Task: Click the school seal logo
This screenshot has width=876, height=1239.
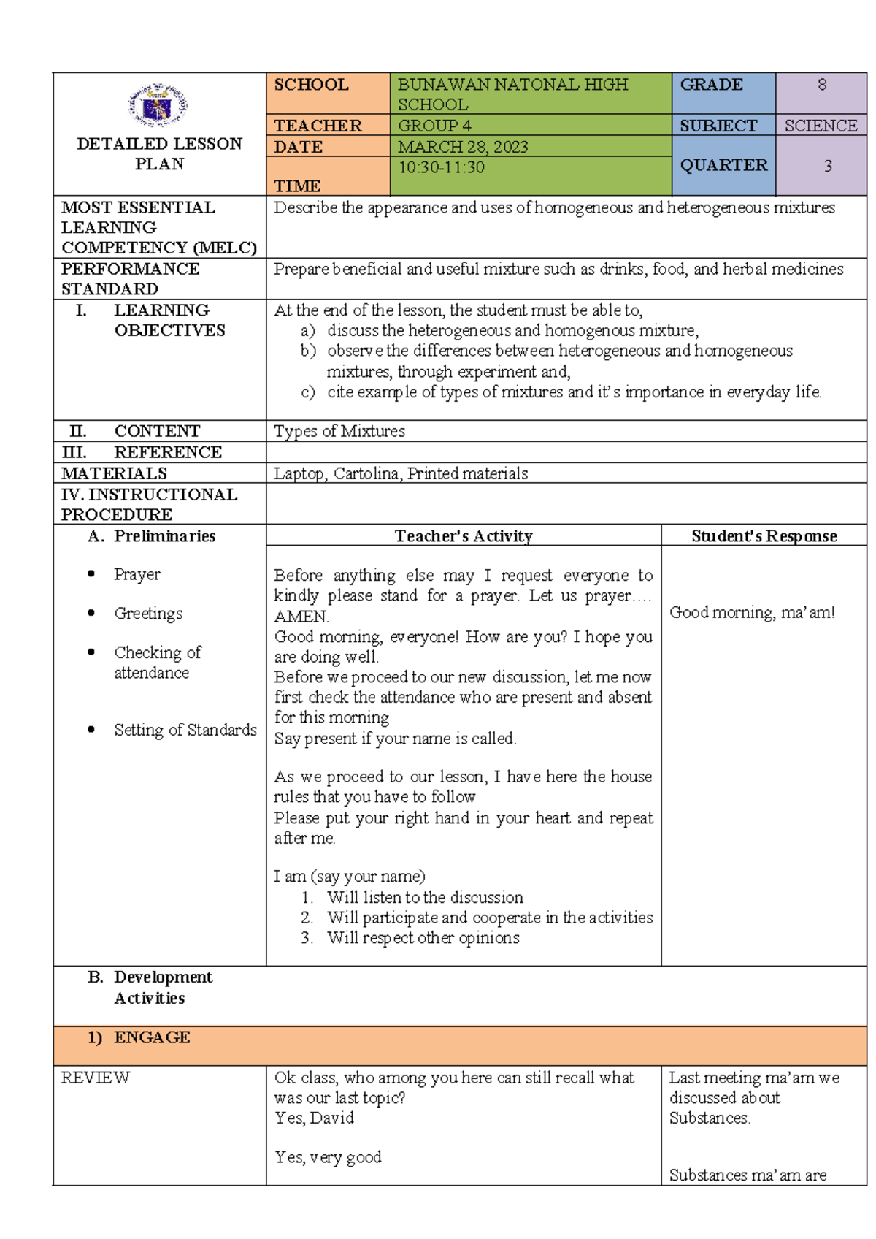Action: click(x=158, y=106)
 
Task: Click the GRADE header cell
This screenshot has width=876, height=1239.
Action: click(x=711, y=85)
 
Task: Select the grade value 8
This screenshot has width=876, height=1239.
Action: click(x=821, y=85)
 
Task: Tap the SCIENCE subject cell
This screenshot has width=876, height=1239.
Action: click(x=821, y=126)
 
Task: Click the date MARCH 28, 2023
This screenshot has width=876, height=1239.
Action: click(x=463, y=147)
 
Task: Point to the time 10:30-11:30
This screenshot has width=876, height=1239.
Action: click(x=441, y=167)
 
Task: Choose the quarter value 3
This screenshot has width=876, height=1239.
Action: click(x=827, y=166)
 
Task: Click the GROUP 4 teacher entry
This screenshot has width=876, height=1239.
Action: click(x=434, y=126)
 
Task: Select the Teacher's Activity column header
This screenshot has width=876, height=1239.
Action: click(x=464, y=536)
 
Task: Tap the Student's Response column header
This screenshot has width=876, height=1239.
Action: click(x=764, y=536)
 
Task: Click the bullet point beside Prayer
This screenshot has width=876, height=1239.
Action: click(x=91, y=574)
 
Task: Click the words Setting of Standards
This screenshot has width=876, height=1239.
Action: click(x=185, y=730)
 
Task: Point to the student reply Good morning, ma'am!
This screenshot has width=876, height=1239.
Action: click(x=752, y=612)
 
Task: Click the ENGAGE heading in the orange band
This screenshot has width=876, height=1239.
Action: click(x=152, y=1037)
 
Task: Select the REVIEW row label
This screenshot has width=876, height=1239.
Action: click(x=95, y=1078)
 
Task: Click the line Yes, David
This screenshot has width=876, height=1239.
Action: click(x=314, y=1118)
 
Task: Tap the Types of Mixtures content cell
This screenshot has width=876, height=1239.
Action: click(x=339, y=431)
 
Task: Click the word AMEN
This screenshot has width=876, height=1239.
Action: click(x=301, y=617)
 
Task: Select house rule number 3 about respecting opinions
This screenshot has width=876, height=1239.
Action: click(x=423, y=938)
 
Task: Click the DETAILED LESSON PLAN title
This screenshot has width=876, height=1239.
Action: click(x=159, y=153)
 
